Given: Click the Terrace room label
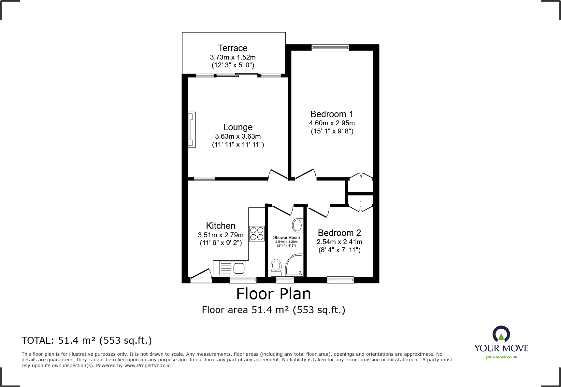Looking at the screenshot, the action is point(233,48).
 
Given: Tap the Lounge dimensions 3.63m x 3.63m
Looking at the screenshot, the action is point(238,136).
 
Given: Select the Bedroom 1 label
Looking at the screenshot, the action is point(332,114).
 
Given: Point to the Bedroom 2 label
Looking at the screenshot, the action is point(339,233).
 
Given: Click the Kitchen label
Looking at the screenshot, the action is point(221,226).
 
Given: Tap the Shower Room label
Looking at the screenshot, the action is point(286,238).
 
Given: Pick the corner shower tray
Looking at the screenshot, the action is point(294,265).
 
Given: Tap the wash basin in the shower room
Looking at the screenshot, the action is point(297,225).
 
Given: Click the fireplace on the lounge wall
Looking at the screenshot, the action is point(192,130).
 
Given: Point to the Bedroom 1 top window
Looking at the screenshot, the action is point(330,48).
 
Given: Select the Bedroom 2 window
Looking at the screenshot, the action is point(340,280).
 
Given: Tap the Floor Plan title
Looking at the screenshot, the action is point(274,294).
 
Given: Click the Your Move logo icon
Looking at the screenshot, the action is point(501,334).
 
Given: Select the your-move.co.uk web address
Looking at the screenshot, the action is point(501,357).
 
